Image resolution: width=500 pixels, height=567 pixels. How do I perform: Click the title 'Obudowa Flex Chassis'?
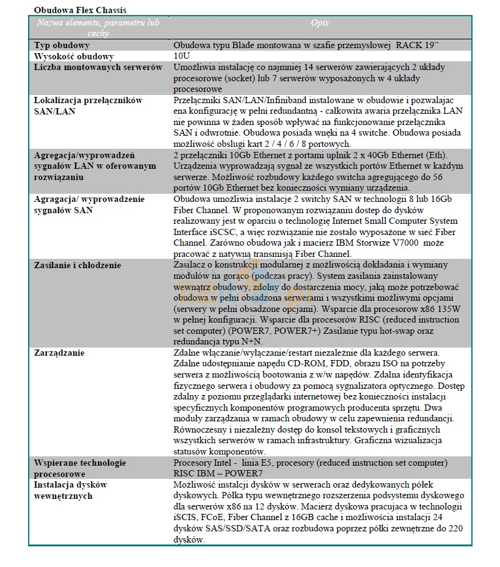pos(76,11)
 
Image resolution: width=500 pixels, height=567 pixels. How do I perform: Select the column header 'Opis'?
pos(320,23)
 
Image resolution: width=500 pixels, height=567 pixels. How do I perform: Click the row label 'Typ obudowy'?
pos(62,45)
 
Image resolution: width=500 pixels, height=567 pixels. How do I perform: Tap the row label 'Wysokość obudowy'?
pos(74,56)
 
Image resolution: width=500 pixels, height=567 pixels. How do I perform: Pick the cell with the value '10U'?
pos(182,56)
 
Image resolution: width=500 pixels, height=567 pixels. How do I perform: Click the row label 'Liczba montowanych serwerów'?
pos(98,68)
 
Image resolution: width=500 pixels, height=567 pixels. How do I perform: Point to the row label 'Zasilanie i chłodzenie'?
pos(77,265)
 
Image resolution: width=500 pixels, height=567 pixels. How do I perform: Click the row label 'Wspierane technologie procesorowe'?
pos(80,468)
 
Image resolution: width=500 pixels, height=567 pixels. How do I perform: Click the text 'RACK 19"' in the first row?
pos(418,45)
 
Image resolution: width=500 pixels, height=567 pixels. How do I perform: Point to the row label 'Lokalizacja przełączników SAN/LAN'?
pos(88,106)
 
